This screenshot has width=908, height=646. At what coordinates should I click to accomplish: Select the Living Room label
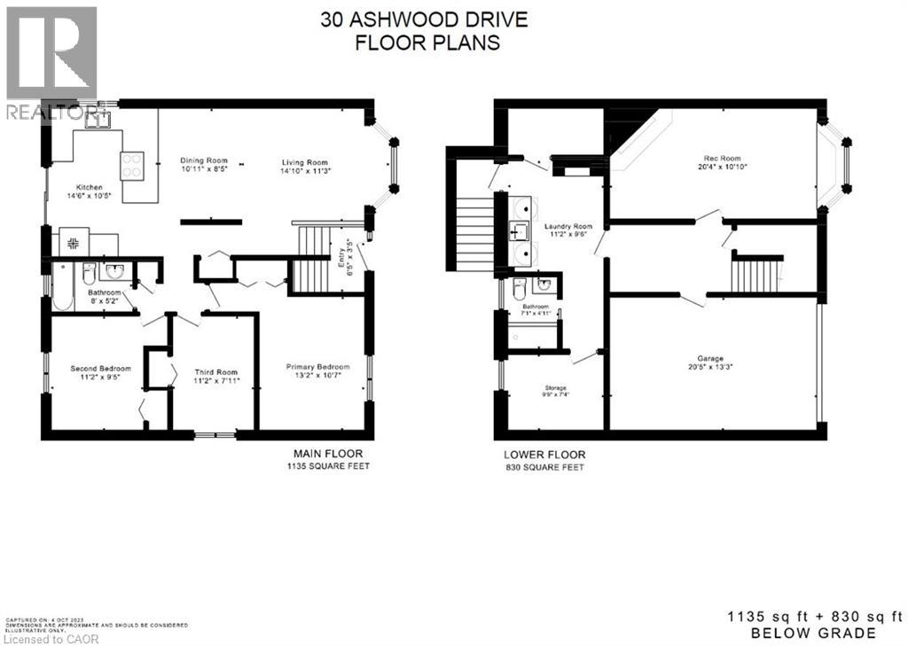(x=305, y=162)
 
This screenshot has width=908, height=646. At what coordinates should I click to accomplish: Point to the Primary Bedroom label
(x=317, y=367)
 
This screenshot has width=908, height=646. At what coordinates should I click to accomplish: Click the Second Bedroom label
(x=101, y=369)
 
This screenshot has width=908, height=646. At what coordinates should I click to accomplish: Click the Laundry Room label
(x=568, y=226)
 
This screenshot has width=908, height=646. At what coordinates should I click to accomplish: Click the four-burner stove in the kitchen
(x=132, y=166)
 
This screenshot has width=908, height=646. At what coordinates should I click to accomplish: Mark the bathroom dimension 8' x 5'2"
(x=103, y=301)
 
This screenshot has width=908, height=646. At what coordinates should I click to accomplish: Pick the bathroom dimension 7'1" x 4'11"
(x=536, y=313)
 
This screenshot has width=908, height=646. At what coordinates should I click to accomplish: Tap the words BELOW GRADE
(x=814, y=633)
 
